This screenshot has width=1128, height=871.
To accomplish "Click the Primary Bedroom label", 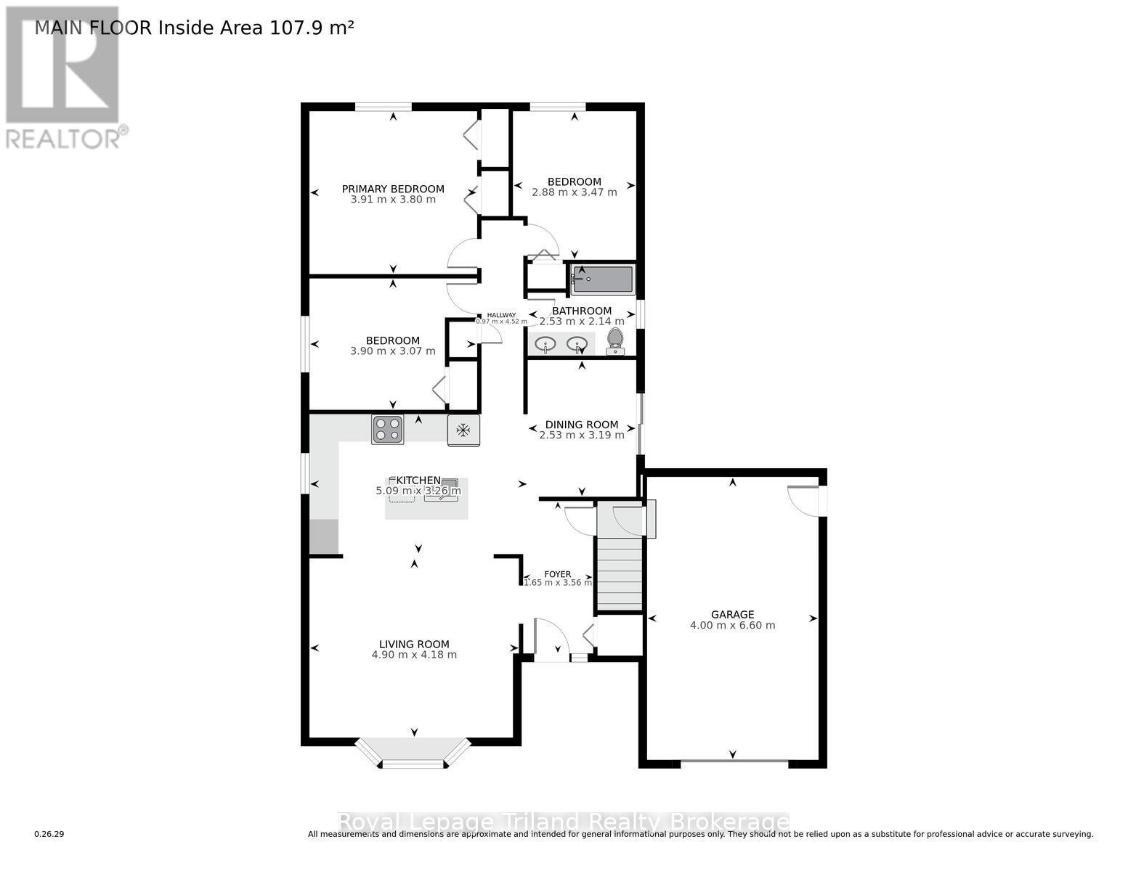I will [x=393, y=189].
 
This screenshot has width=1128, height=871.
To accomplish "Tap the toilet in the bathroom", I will [x=615, y=340].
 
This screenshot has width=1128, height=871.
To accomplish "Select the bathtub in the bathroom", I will [x=602, y=279].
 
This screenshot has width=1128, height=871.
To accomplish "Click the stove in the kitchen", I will [x=387, y=429].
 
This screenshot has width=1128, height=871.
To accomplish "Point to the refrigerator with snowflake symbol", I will [x=463, y=430].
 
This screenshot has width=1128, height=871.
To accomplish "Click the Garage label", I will [x=732, y=614].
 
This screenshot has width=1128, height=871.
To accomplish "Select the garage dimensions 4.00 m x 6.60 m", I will [x=732, y=625].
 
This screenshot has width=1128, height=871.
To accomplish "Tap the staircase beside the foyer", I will [x=620, y=573].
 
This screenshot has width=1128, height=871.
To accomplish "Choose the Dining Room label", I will [x=582, y=425].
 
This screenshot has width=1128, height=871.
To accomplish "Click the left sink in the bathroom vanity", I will [x=545, y=343].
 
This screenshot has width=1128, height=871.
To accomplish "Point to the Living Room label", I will [x=414, y=644].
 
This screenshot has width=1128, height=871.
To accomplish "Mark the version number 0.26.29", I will [x=49, y=835].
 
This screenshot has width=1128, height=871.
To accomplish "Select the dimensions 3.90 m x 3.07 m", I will [x=393, y=351].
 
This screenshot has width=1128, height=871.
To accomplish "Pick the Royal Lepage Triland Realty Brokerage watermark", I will [x=564, y=822].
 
